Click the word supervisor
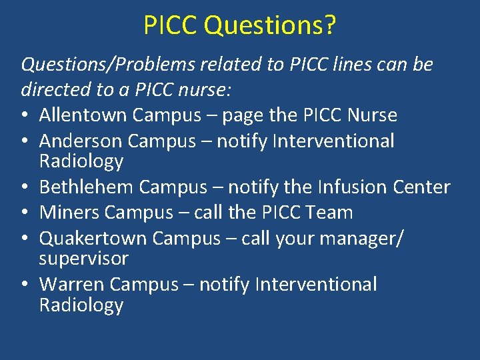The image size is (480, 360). [83, 258]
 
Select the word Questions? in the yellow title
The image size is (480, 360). [270, 25]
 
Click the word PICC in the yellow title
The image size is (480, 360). [171, 25]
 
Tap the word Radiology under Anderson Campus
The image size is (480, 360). [81, 161]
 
